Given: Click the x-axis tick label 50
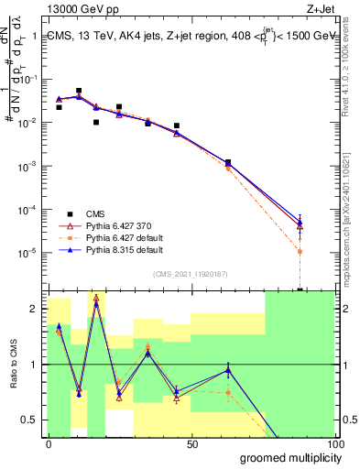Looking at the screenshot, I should pos(192,444).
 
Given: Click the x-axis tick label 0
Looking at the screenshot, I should pos(49,444).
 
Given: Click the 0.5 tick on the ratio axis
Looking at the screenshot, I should pos(30,420).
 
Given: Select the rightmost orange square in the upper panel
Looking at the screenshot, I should pos(300,251).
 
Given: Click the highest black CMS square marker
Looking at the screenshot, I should pos(79,91).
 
